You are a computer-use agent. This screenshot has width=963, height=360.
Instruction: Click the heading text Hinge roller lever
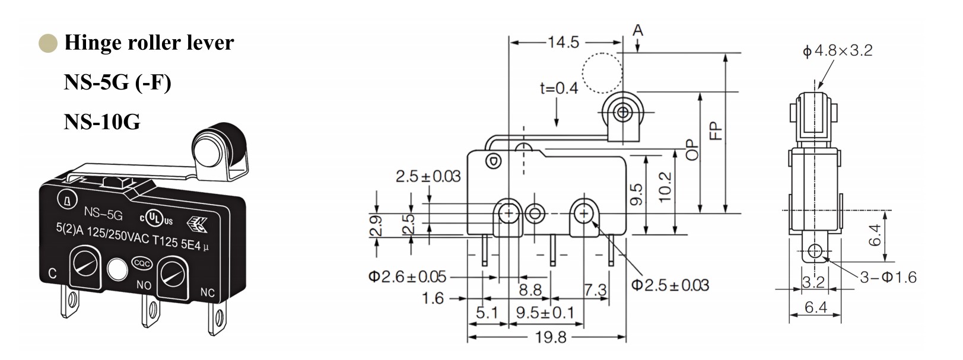coord(148,43)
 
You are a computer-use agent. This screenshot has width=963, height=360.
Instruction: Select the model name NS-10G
coord(102,122)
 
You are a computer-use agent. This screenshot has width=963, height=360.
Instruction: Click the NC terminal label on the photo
coord(207,292)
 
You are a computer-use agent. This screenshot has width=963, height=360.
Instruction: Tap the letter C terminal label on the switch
coord(52,273)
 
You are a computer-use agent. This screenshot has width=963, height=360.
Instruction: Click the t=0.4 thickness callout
coord(558,88)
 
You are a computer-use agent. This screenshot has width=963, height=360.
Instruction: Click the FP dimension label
coord(716,130)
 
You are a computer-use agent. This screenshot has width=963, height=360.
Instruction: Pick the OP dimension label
coord(691,149)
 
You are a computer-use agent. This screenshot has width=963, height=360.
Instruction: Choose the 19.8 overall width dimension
coord(551,338)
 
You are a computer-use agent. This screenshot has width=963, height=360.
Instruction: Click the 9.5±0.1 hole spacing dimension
coord(545,313)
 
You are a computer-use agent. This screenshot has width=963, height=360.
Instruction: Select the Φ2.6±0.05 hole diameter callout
coord(407,276)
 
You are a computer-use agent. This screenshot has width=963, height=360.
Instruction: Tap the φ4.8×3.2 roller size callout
coord(837,51)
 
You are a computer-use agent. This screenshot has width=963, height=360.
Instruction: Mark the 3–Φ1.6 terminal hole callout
coord(888,277)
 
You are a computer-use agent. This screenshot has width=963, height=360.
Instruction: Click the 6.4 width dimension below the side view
coord(816,307)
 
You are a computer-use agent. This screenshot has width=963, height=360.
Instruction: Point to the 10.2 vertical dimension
coord(665,187)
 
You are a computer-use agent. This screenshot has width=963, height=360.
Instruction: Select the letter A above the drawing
coord(638,30)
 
